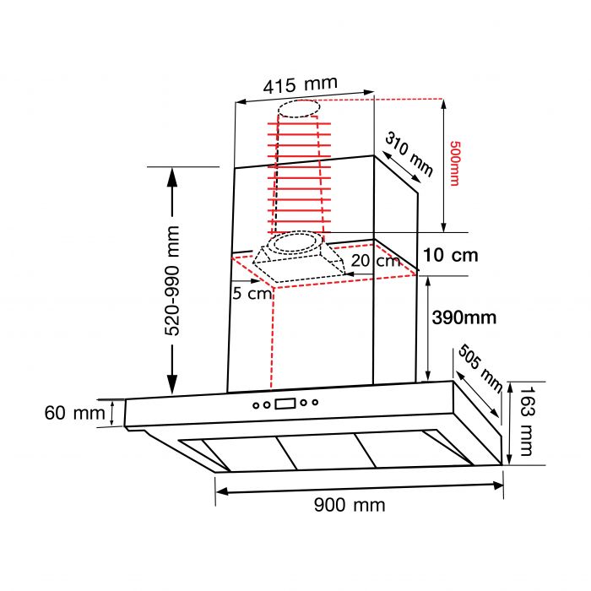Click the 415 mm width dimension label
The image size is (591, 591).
[x=300, y=85]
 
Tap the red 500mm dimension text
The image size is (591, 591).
[x=455, y=163]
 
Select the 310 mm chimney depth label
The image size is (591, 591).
[x=409, y=154]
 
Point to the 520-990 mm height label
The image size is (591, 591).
[x=172, y=281]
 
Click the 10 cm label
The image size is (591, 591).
[x=451, y=255]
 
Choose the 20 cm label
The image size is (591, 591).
[x=376, y=260]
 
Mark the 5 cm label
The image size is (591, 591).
[x=252, y=293]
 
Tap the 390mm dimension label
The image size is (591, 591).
[x=464, y=317]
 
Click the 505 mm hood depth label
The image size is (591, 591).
[x=480, y=368]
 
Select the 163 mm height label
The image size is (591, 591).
[x=527, y=421]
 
